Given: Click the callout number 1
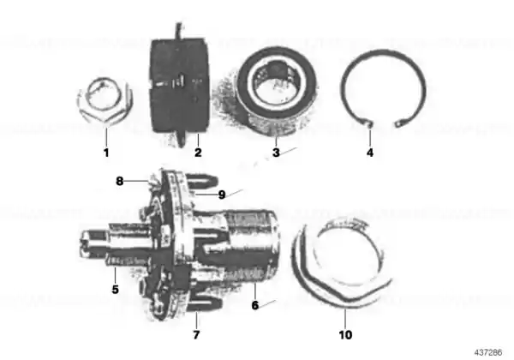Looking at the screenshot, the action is tap(106, 153).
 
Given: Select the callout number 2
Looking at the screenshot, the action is tap(198, 153).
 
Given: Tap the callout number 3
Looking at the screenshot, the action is tap(276, 153).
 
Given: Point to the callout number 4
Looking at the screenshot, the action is tap(370, 153).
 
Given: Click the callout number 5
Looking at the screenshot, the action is tap(115, 290).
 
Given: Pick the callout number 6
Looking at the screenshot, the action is tap(255, 305).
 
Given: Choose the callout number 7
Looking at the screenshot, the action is tap(196, 335).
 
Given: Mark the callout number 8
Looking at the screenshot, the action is tap(120, 181).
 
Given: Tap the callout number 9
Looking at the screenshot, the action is tap(222, 195).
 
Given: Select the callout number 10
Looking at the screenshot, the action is tap(345, 335).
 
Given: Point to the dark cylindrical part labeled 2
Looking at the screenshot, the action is tap(179, 85).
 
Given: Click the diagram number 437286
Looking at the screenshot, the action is tap(487, 353).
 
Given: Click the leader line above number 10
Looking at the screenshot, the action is tap(345, 319).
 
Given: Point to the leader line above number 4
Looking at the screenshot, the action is tap(370, 137).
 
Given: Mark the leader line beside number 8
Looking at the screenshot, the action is tap(137, 180).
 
